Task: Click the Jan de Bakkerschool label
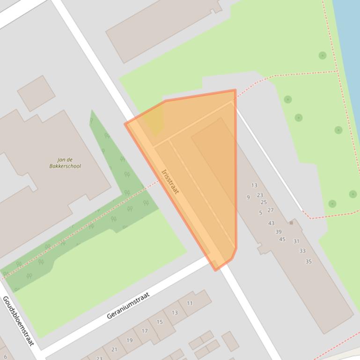coord(65,163)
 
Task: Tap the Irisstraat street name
coord(169,181)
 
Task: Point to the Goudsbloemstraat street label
coord(18,321)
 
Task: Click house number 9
coord(248,197)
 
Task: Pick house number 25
coord(264,202)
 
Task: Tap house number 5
coord(261,213)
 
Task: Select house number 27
coord(270,210)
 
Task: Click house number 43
coord(271,223)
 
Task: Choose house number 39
coord(279,232)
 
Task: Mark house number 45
coord(282,239)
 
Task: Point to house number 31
coord(296,241)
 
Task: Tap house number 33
coord(302,251)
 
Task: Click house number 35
coord(309,261)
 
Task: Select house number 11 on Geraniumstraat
coord(190,303)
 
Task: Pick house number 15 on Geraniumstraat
coord(160,322)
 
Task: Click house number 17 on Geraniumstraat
coord(145,331)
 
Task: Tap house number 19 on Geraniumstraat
coord(129,340)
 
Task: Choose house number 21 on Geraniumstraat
coord(114,349)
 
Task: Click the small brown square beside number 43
coord(291,223)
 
